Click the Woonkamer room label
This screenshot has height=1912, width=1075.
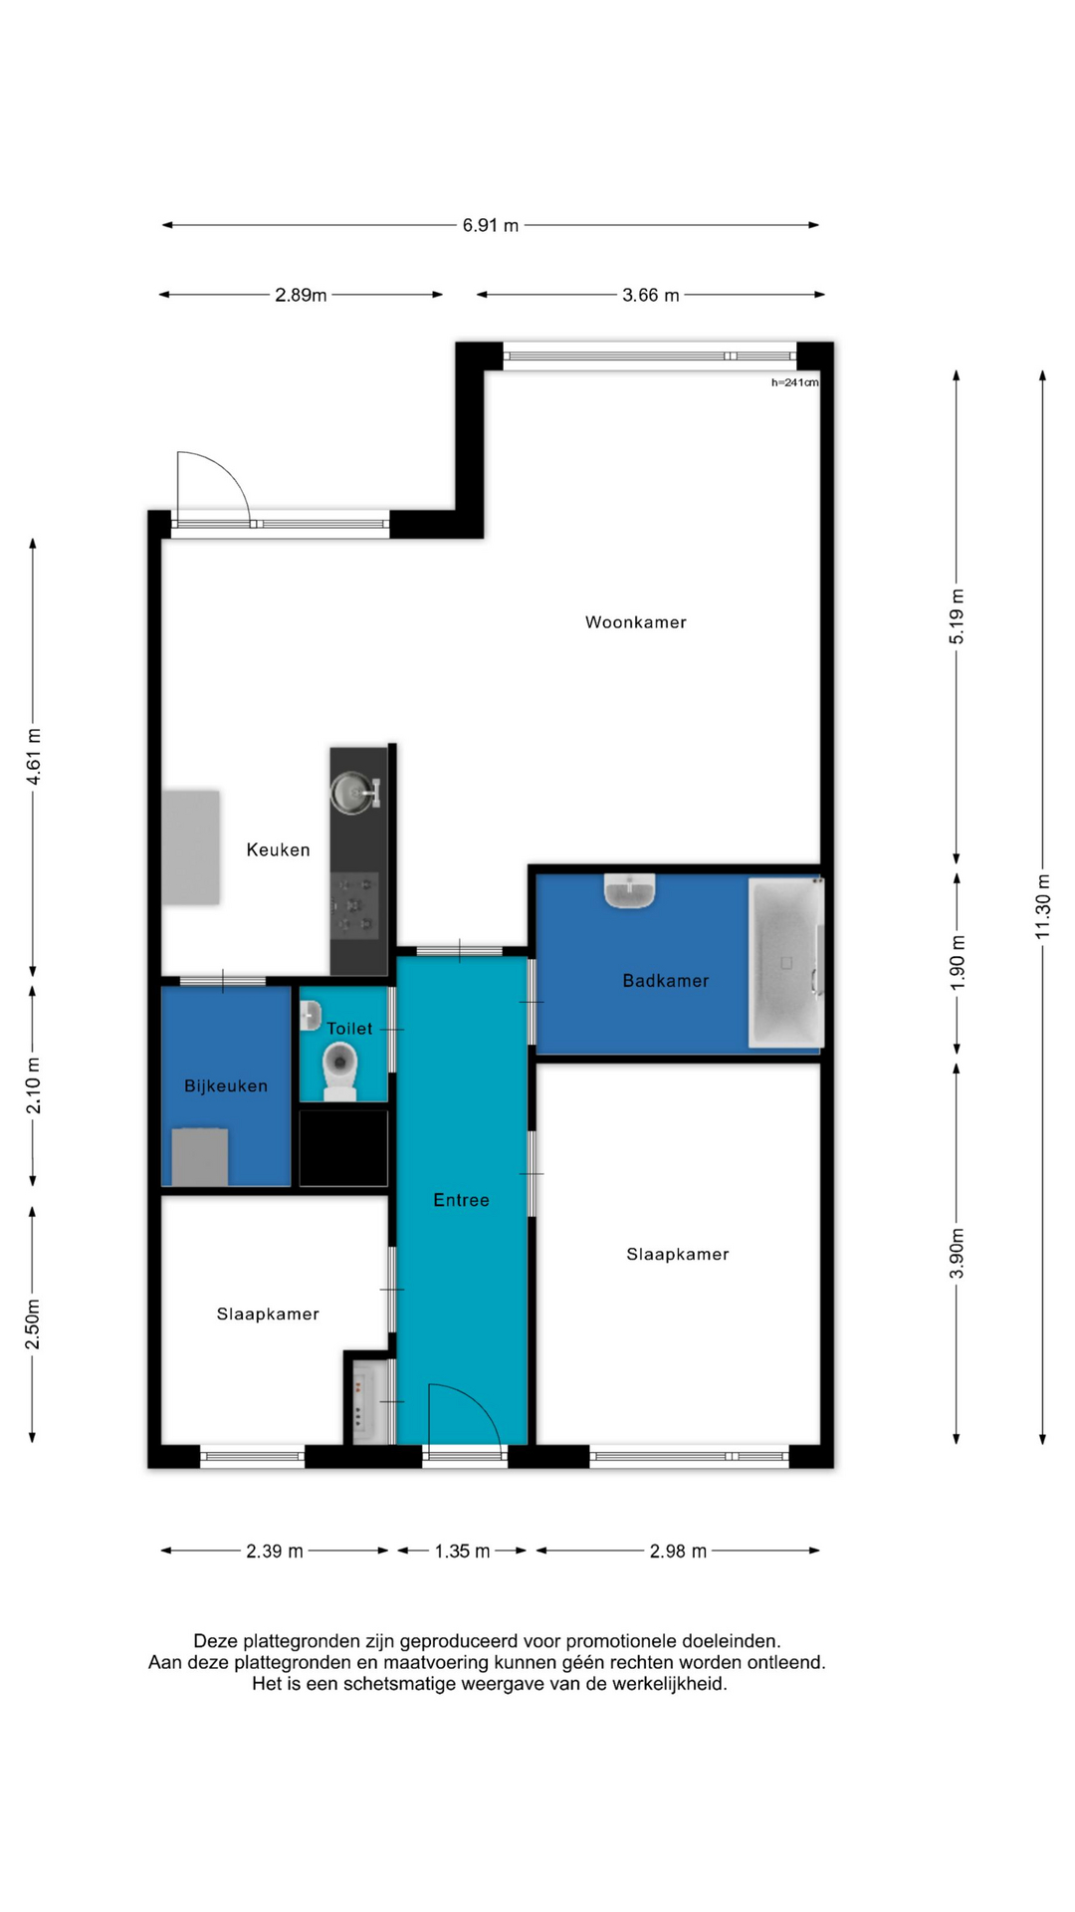635,622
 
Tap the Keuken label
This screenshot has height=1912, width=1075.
278,849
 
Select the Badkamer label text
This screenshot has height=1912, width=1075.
666,981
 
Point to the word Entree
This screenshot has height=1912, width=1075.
461,1200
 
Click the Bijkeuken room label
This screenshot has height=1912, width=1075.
226,1085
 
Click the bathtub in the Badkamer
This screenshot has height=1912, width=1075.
785,963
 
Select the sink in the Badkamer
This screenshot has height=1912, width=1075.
629,890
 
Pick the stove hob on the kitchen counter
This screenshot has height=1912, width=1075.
355,905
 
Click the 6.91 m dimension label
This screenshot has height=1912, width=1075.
490,225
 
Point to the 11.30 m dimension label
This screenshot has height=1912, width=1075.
1042,906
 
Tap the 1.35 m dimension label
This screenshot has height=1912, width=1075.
462,1551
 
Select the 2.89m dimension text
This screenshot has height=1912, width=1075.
301,295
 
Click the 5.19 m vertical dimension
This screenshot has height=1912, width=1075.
957,616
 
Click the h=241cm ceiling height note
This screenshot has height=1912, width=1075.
794,382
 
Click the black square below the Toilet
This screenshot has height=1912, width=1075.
343,1148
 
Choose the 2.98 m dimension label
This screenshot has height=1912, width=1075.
678,1551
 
